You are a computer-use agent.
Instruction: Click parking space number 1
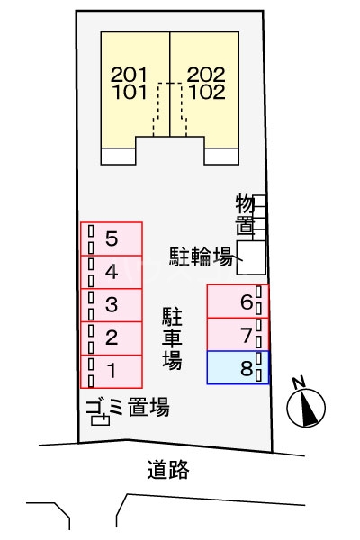coord(112,370)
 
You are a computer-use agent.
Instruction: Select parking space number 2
coord(112,338)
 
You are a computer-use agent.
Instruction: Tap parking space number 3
coord(112,305)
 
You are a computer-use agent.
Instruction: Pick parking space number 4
coord(112,272)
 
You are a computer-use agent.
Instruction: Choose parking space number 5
coord(112,239)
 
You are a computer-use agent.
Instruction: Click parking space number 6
coord(238,302)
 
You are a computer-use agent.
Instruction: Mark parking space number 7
coord(238,335)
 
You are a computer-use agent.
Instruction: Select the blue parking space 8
coord(238,368)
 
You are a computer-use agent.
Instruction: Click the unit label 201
coord(133,75)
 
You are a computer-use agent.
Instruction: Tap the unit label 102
coord(207,91)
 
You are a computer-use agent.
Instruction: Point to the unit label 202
coord(207,75)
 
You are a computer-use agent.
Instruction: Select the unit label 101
coord(133,91)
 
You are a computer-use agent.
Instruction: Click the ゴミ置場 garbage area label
coord(128,407)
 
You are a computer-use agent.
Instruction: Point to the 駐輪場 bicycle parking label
coord(202,256)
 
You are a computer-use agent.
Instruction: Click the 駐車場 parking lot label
coord(173,338)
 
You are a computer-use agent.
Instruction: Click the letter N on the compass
coord(301,382)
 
